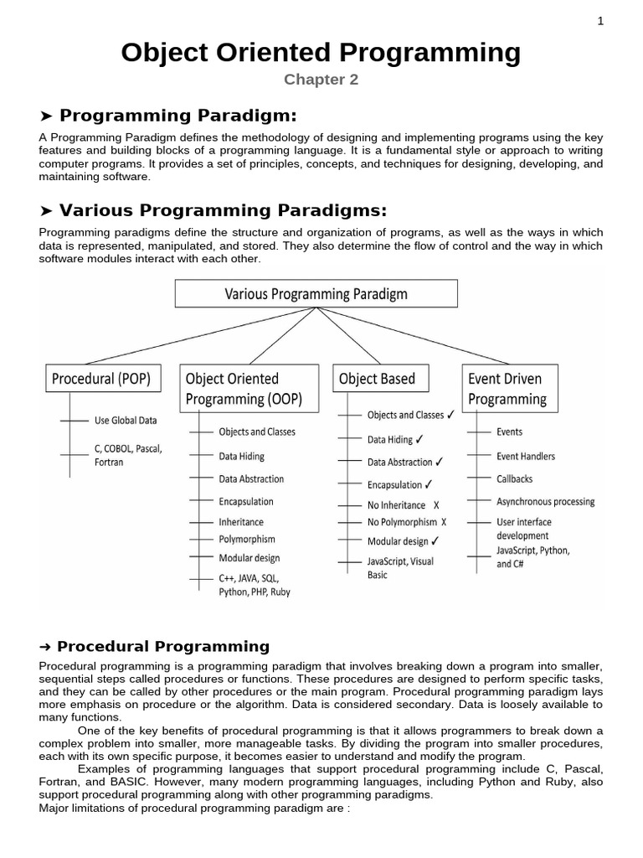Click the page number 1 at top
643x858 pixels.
point(600,22)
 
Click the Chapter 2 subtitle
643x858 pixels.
point(321,80)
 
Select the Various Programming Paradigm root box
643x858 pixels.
point(316,294)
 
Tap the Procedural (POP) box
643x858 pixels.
point(101,379)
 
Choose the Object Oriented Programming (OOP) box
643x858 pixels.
point(249,389)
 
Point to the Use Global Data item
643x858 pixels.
point(126,421)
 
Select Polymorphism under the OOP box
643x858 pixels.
point(247,540)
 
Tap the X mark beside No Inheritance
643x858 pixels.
point(435,506)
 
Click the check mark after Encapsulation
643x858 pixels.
point(428,484)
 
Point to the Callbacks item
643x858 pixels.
point(514,479)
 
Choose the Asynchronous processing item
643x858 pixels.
point(545,502)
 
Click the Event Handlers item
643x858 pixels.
point(525,457)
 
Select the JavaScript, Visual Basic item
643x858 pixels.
point(400,568)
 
